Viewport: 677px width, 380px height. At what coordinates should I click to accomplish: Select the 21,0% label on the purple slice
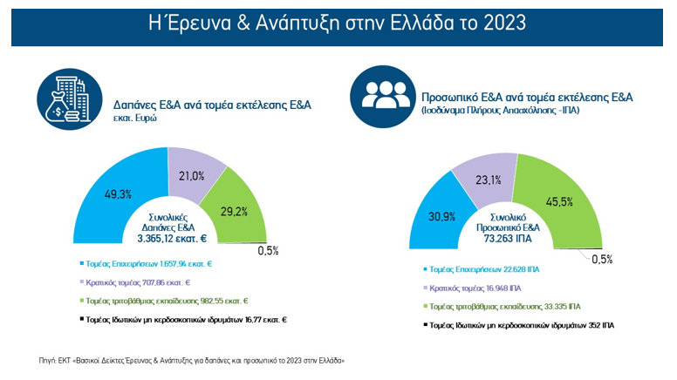pos(191,176)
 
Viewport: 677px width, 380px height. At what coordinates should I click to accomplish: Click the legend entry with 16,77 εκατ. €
pos(186,320)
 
